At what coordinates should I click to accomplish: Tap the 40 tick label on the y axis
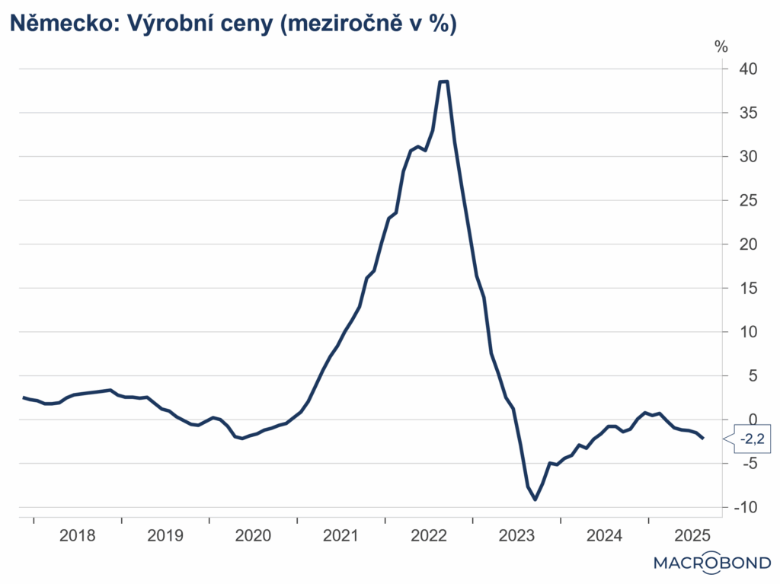click(x=747, y=69)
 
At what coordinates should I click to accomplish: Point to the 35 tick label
click(x=747, y=113)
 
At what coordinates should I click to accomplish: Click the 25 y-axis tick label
click(x=747, y=200)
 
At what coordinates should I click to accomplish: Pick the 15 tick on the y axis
click(x=747, y=288)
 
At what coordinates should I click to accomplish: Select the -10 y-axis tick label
click(x=744, y=508)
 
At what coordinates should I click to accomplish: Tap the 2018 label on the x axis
click(x=78, y=535)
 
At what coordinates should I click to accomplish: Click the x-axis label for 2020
click(x=254, y=535)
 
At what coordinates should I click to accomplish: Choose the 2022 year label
click(x=429, y=535)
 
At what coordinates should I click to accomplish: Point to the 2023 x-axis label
click(x=516, y=535)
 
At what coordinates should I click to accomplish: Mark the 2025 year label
click(x=692, y=535)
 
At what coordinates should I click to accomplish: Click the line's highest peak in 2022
click(x=443, y=81)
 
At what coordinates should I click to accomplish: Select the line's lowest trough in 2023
click(x=535, y=499)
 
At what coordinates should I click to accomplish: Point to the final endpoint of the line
click(x=703, y=438)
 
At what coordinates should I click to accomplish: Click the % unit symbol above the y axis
click(x=721, y=46)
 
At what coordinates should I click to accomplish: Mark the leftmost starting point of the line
click(x=24, y=397)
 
